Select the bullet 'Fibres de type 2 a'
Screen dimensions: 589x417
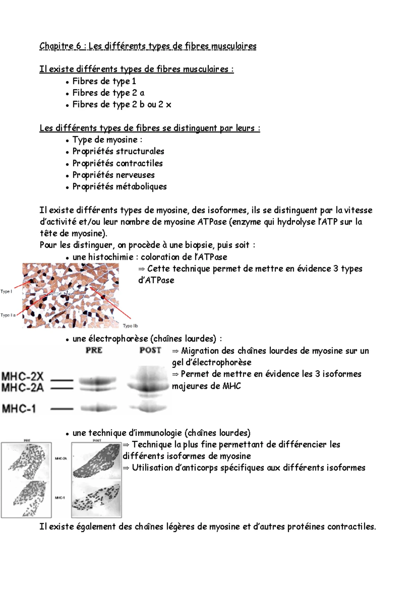(x=108, y=93)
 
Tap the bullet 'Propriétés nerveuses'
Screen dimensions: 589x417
(x=113, y=175)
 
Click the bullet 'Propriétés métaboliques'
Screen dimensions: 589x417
(x=119, y=186)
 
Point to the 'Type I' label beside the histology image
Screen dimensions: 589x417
(x=6, y=291)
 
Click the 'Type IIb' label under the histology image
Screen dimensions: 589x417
(x=130, y=326)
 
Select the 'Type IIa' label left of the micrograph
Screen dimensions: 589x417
(x=8, y=315)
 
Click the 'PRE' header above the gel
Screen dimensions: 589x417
(x=94, y=350)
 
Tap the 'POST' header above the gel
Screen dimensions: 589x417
(x=150, y=350)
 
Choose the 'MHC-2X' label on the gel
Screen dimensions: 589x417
(x=23, y=376)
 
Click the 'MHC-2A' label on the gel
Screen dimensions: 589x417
(x=23, y=387)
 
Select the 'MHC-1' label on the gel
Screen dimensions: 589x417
(x=19, y=408)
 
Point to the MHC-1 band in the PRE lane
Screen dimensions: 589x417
(x=98, y=408)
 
